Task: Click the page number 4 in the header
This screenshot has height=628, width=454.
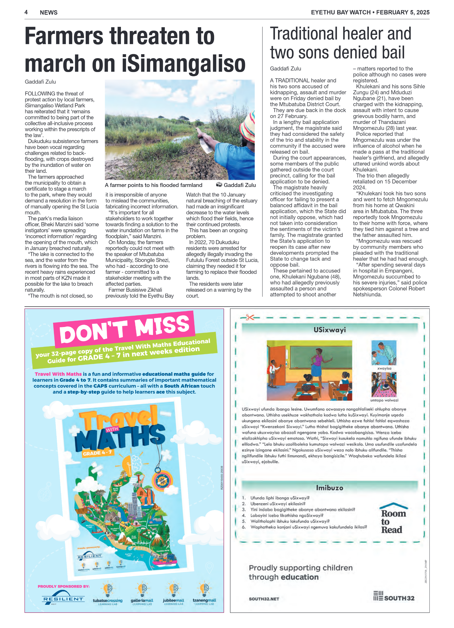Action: [26, 12]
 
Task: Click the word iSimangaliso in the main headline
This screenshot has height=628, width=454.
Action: [184, 63]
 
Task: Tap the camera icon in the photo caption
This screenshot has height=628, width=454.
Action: [219, 185]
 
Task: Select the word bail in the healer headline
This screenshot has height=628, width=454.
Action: [393, 53]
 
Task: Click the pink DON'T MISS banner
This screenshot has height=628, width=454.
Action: [124, 329]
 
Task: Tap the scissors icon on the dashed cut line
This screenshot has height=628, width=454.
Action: [249, 318]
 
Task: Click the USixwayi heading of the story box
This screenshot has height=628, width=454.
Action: [330, 330]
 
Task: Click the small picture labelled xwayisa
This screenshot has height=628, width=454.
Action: [384, 353]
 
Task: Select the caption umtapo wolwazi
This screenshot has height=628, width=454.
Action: [384, 400]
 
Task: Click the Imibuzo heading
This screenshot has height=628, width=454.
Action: [329, 488]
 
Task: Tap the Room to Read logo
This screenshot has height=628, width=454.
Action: [393, 519]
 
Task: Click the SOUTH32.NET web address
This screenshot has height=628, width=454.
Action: [264, 599]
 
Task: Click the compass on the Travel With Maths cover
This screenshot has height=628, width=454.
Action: [162, 480]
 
